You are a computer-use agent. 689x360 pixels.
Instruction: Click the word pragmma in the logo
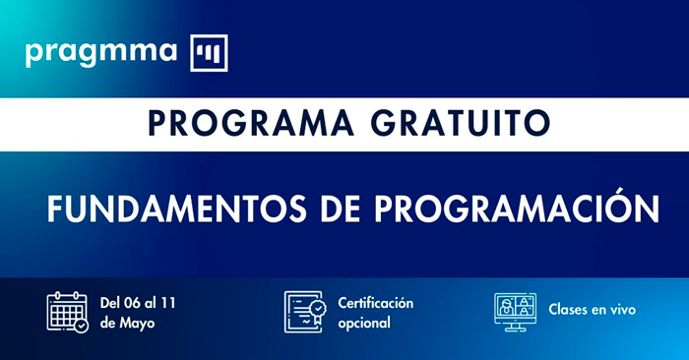pyautogui.click(x=101, y=51)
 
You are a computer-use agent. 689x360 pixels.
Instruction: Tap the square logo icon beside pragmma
pyautogui.click(x=209, y=52)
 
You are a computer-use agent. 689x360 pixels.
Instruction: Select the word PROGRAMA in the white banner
pyautogui.click(x=255, y=123)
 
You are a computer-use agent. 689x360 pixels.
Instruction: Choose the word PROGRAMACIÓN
pyautogui.click(x=504, y=209)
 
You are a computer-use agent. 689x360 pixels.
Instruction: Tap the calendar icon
pyautogui.click(x=67, y=311)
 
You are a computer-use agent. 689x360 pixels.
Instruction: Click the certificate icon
pyautogui.click(x=303, y=311)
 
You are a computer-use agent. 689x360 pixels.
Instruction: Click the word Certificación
pyautogui.click(x=375, y=302)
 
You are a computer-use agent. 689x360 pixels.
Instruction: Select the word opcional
pyautogui.click(x=364, y=322)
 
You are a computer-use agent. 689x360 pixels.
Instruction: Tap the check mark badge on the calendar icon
pyautogui.click(x=82, y=325)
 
